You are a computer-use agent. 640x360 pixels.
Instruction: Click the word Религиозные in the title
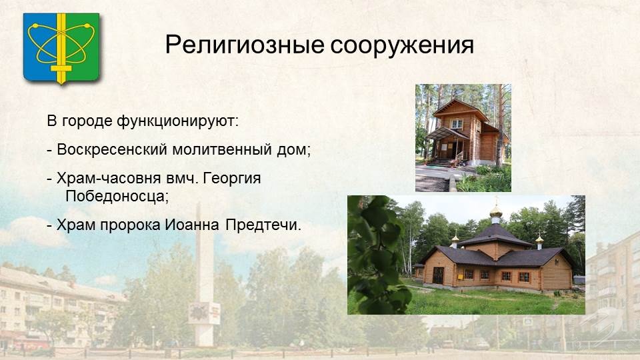tap(245, 45)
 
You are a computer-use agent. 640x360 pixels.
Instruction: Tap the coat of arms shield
tap(61, 48)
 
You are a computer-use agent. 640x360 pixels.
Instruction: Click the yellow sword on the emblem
tap(61, 48)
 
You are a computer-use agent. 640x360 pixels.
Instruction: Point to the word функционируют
tap(177, 121)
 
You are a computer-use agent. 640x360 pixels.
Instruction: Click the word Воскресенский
tap(112, 149)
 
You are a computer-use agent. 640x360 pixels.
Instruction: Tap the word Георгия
tap(232, 179)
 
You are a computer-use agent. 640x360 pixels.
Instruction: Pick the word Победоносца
tap(117, 197)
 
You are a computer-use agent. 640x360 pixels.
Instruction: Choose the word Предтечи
tap(263, 225)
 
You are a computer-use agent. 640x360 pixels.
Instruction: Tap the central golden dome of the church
tap(496, 211)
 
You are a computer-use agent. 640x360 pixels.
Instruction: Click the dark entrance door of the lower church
tap(438, 275)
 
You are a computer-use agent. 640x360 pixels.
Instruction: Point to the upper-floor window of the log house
tap(456, 124)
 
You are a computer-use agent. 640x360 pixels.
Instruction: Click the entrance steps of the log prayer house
tap(439, 163)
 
